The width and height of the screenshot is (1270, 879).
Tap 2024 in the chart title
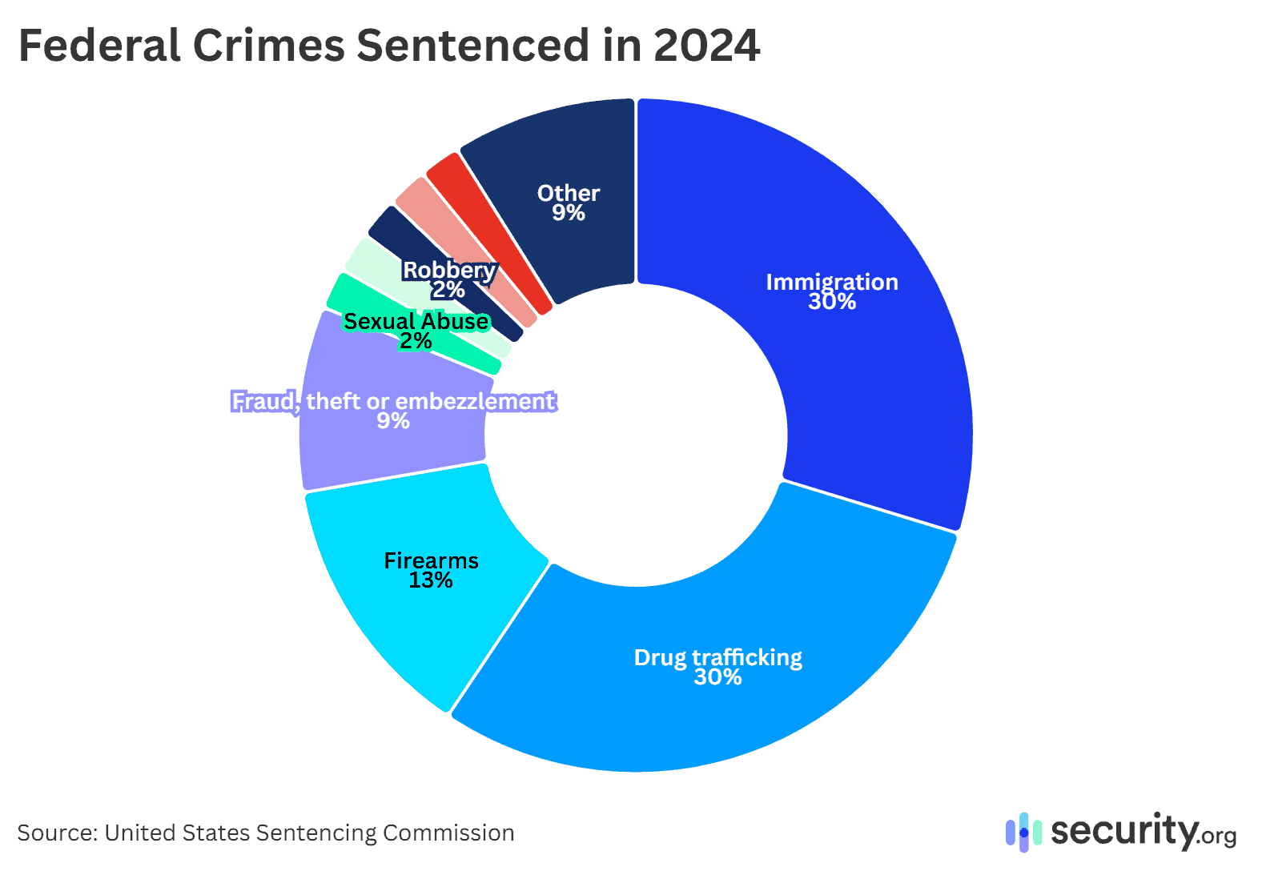(706, 46)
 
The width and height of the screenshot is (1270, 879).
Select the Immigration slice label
(831, 282)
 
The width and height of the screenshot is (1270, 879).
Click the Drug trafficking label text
(717, 657)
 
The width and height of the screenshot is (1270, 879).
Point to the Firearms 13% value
(431, 580)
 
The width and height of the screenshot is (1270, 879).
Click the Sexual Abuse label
(416, 321)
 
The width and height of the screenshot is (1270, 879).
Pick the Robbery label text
(448, 271)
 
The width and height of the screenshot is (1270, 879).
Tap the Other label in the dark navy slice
(568, 193)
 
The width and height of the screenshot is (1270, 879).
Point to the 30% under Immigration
(831, 302)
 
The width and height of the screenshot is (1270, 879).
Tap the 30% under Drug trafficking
(717, 677)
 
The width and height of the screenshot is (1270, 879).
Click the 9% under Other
(568, 213)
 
